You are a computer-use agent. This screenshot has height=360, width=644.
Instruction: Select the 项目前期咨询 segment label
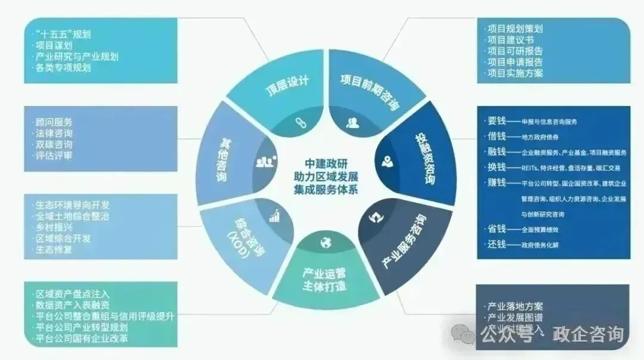tap(370, 92)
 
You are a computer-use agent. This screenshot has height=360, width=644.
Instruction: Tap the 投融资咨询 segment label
tap(424, 158)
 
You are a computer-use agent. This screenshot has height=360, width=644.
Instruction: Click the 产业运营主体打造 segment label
tap(325, 280)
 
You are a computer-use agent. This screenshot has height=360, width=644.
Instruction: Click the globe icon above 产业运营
tap(325, 242)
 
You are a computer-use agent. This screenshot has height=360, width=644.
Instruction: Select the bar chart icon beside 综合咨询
tap(275, 216)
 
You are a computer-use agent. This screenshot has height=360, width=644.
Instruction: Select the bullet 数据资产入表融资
tap(73, 305)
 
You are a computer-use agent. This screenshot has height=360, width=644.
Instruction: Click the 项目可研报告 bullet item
tap(515, 51)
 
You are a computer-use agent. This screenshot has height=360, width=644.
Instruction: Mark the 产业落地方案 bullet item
tap(515, 306)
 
